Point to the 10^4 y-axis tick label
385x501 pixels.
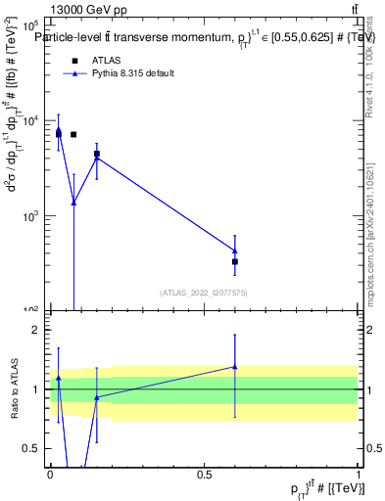tap(33, 121)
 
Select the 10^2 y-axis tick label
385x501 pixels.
tap(33, 309)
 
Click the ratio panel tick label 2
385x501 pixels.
tap(37, 330)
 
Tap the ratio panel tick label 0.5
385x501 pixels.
tap(33, 448)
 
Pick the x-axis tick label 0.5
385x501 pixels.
tap(205, 475)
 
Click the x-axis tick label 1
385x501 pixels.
tap(360, 475)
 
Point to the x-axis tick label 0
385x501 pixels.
tap(50, 475)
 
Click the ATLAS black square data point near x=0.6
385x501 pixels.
tap(235, 261)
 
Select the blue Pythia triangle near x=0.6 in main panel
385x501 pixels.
tap(235, 250)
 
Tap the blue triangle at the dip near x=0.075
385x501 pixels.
tap(73, 202)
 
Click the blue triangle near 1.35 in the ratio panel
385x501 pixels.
tap(235, 367)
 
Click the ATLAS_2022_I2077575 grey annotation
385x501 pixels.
tap(204, 293)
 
